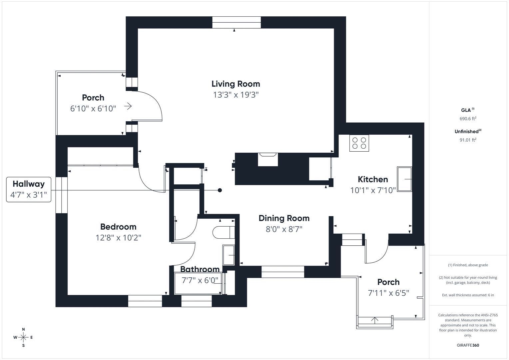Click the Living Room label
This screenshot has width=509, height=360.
pos(236,84)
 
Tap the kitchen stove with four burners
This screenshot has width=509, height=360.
pos(359,143)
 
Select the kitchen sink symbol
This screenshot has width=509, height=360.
pos(404,179)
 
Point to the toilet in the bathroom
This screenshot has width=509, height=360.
pos(224,232)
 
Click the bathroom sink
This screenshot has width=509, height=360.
pos(229,255)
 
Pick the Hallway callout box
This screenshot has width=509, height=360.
pos(29,189)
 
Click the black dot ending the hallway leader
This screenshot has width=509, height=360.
pos(220,190)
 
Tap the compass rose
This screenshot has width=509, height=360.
pos(23,337)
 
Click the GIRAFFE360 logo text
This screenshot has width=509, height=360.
pos(468,345)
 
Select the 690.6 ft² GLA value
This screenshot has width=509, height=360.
pos(468,118)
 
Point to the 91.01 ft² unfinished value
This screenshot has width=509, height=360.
pos(468,140)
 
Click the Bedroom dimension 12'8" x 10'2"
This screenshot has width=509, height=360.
pos(118,238)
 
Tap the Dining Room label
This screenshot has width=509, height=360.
pos(284,218)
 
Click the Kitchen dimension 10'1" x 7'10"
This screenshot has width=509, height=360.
pos(373,190)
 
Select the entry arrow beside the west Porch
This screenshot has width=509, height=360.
pos(128,106)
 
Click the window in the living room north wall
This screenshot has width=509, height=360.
pos(236,22)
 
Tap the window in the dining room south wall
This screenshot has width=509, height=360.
pos(283,272)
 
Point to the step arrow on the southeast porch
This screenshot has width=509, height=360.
pos(375,320)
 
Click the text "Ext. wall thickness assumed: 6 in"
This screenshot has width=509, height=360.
pos(468,295)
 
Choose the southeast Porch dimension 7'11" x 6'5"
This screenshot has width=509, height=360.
pos(388,293)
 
